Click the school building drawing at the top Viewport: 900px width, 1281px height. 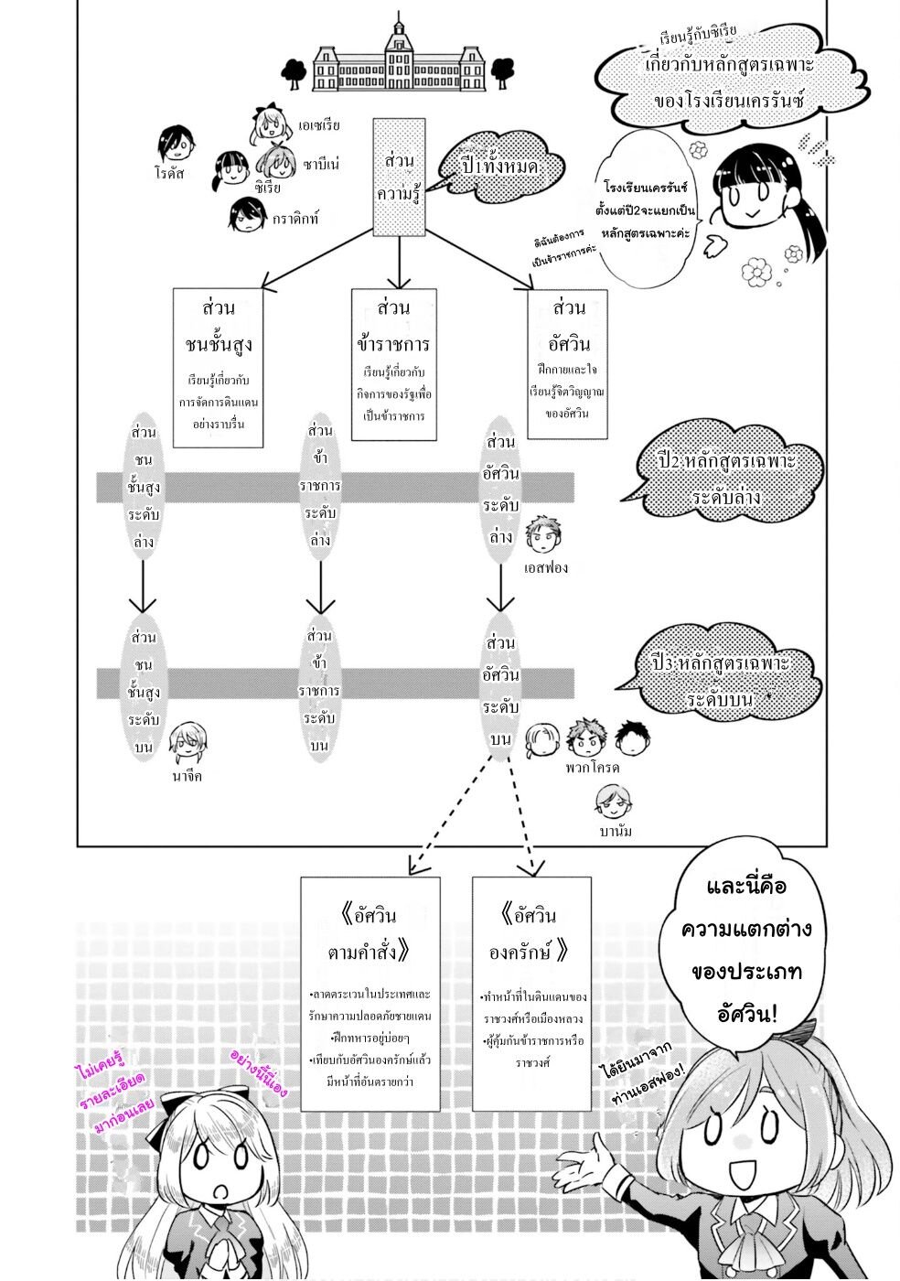point(399,57)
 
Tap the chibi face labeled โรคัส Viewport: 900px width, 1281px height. point(174,143)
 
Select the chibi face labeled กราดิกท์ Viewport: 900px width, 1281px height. point(246,215)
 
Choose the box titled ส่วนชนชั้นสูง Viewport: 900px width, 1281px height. point(218,368)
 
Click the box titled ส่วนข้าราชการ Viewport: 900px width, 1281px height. point(393,363)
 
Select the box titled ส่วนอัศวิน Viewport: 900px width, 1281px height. point(568,363)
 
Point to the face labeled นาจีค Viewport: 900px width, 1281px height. point(187,741)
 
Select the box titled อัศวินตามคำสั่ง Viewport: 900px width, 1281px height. point(370,994)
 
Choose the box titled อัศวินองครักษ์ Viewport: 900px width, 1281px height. point(531,994)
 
